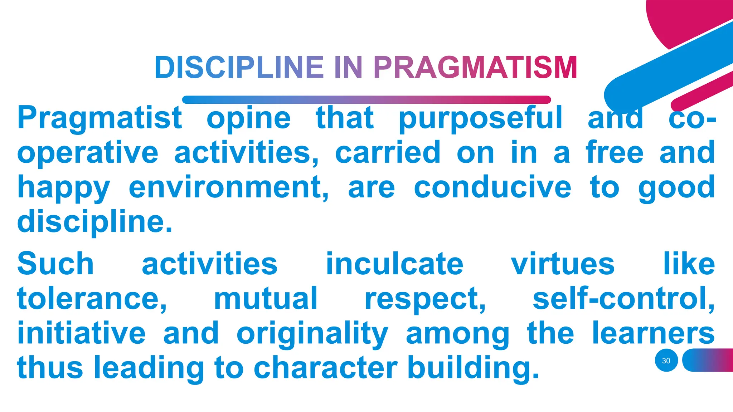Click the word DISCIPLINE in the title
(239, 68)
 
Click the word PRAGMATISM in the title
(475, 68)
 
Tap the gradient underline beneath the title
(366, 100)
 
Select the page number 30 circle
(666, 360)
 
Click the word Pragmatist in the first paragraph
(100, 118)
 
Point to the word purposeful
(480, 118)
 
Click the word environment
(228, 187)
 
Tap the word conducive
(492, 187)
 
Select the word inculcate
(394, 264)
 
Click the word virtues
(563, 264)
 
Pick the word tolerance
(92, 299)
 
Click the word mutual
(266, 299)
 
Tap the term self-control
(623, 299)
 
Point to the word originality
(312, 333)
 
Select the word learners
(653, 333)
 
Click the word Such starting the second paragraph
(55, 264)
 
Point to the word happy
(64, 187)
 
